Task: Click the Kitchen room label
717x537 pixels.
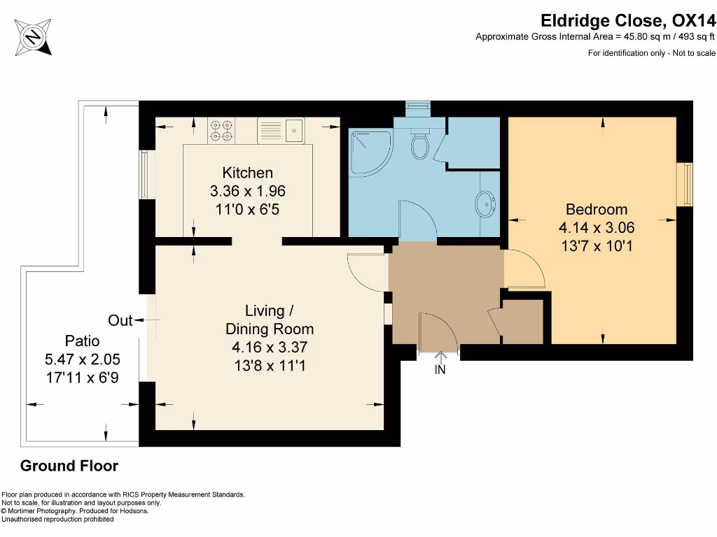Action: (x=247, y=173)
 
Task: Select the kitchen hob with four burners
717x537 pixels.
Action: (x=221, y=130)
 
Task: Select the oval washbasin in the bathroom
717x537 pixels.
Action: (x=485, y=204)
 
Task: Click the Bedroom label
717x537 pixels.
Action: (x=597, y=209)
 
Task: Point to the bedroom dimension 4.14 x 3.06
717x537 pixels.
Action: (x=597, y=227)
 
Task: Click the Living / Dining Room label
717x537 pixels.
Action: (x=269, y=320)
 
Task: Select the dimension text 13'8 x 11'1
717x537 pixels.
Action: (x=269, y=365)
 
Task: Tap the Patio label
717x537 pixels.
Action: (x=82, y=341)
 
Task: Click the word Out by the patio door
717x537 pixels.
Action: (x=120, y=320)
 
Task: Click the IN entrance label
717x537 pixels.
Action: (x=440, y=370)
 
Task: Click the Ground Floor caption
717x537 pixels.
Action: (x=69, y=466)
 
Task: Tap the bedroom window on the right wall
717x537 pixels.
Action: (x=688, y=184)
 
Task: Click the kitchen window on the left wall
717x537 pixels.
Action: (x=144, y=174)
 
